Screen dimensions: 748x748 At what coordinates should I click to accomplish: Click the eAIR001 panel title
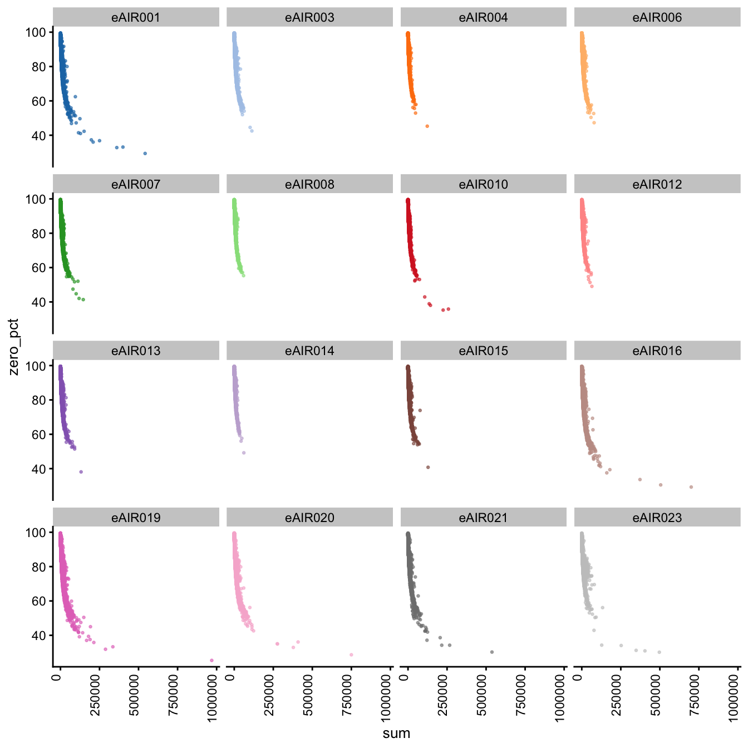coord(136,17)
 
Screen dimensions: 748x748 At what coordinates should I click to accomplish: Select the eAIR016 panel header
coord(657,351)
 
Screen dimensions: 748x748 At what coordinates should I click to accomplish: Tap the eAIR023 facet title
coord(657,518)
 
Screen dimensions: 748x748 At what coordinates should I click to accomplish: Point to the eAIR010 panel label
coord(483,184)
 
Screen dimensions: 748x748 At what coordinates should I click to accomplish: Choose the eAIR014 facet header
coord(309,351)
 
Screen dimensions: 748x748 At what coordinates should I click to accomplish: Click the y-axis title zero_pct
coord(14,347)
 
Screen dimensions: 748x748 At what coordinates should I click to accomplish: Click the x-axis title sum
coord(396,734)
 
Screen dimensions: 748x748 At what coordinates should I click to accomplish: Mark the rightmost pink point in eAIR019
coord(211,660)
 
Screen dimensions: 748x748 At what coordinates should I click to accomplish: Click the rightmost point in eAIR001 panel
coord(145,153)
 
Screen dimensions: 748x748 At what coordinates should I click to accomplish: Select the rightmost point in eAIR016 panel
coord(691,487)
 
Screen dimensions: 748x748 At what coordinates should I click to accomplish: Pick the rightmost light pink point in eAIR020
coord(351,654)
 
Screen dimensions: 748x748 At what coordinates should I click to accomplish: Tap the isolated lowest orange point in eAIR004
coord(427,126)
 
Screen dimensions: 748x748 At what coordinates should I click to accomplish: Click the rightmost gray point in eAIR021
coord(492,652)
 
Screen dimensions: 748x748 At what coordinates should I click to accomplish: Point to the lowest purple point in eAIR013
coord(81,472)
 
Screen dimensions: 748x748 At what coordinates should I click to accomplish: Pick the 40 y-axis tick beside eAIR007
coord(39,302)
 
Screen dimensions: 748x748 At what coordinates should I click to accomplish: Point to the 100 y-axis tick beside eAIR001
coord(36,32)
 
